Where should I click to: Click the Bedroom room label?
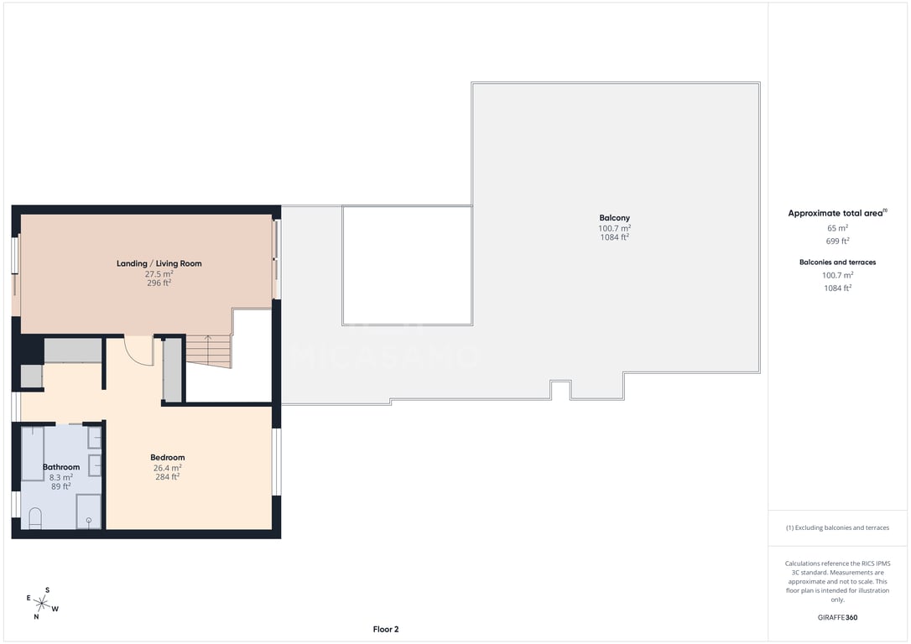(x=167, y=458)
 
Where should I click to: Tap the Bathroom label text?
(x=61, y=467)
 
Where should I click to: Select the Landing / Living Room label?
(x=159, y=263)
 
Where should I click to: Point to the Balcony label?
(x=615, y=218)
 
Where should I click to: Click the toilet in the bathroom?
(x=35, y=518)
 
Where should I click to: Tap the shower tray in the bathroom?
(x=88, y=512)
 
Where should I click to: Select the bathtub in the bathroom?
(x=33, y=454)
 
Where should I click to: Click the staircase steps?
(x=209, y=351)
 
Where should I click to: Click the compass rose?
(x=42, y=604)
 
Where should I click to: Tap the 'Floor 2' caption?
(x=386, y=630)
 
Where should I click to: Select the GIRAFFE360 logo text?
(x=837, y=617)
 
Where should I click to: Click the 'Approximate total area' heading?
(x=837, y=213)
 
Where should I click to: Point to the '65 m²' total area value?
(x=837, y=228)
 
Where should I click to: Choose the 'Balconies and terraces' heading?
(x=837, y=262)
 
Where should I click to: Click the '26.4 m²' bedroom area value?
(x=167, y=468)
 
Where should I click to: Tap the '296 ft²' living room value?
(x=159, y=283)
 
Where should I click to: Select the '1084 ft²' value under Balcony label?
(x=615, y=237)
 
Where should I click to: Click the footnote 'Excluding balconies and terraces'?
(x=837, y=527)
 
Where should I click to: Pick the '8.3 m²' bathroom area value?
(x=61, y=477)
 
